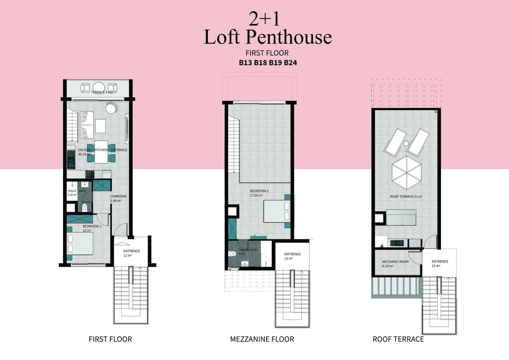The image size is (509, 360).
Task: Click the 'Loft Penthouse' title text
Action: tap(268, 37)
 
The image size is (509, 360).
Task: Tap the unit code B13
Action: tap(246, 63)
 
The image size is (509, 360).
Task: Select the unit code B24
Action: tap(290, 63)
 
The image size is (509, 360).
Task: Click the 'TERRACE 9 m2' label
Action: tap(102, 92)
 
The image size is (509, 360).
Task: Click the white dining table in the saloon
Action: tap(101, 152)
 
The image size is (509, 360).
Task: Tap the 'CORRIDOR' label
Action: tap(118, 196)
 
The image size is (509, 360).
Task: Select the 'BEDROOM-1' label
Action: tap(92, 226)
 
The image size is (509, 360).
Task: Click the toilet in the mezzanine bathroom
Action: tap(233, 254)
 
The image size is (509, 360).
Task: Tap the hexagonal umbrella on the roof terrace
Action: tap(406, 172)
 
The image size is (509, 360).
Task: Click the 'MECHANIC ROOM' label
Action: tap(395, 262)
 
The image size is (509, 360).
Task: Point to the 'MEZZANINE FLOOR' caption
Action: tap(262, 339)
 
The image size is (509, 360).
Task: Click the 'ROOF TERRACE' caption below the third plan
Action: tap(398, 339)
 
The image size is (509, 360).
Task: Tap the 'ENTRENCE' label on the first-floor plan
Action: tap(132, 251)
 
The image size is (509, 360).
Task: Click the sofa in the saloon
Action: tap(87, 125)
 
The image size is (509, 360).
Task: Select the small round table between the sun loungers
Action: tap(406, 143)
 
